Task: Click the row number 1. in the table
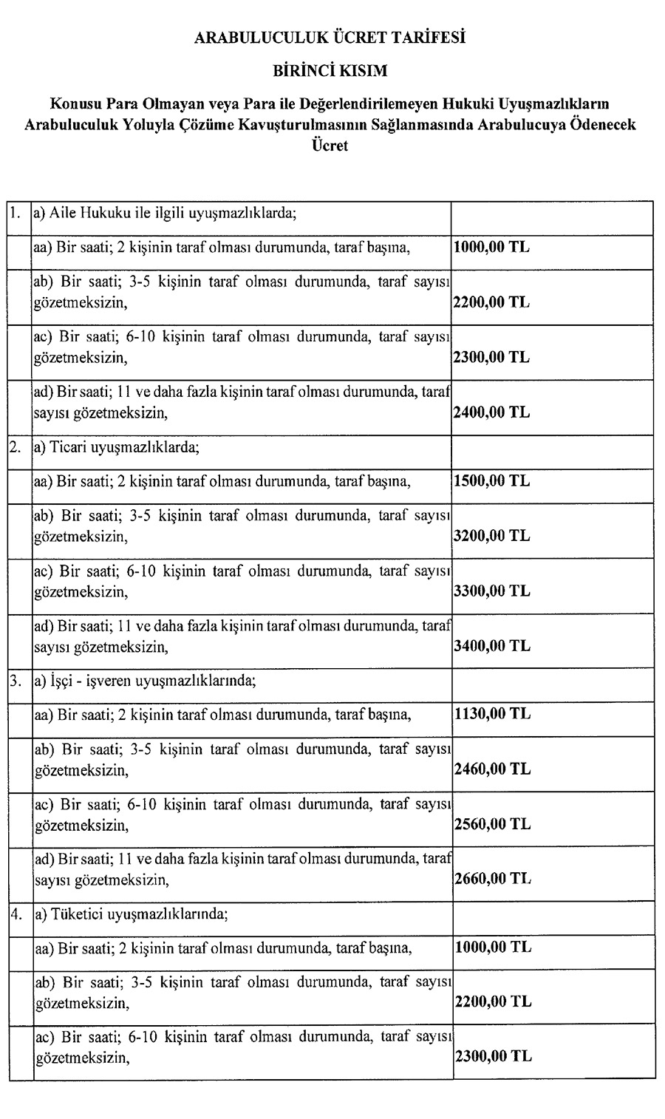coord(16,215)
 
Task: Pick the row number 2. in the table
coord(16,447)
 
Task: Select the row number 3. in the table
coord(16,681)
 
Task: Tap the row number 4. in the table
coord(16,914)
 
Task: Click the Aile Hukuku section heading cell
coord(166,215)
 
